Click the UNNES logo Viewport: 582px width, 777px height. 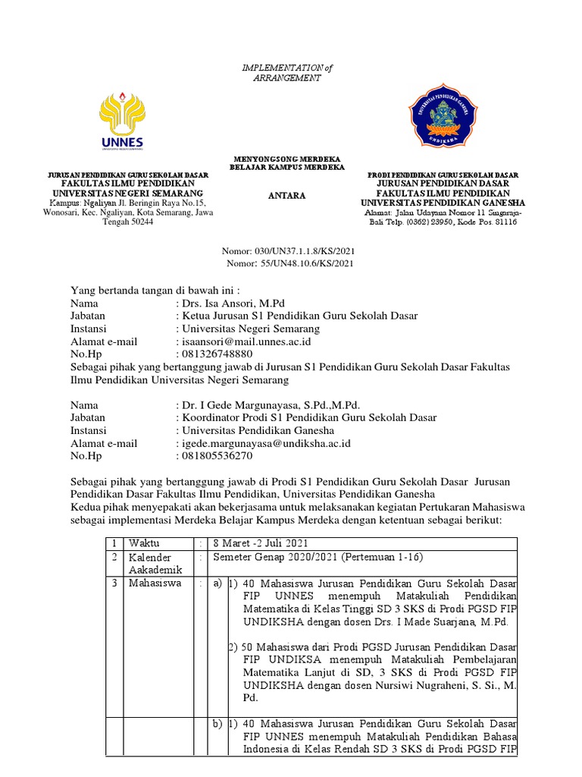(122, 119)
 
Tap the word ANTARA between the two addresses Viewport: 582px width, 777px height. (287, 196)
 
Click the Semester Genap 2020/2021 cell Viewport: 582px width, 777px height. (318, 558)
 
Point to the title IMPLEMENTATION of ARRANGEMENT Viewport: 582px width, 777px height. (287, 73)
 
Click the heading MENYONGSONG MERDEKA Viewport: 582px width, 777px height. (287, 158)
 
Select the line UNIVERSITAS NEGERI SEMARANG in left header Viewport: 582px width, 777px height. (127, 193)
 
